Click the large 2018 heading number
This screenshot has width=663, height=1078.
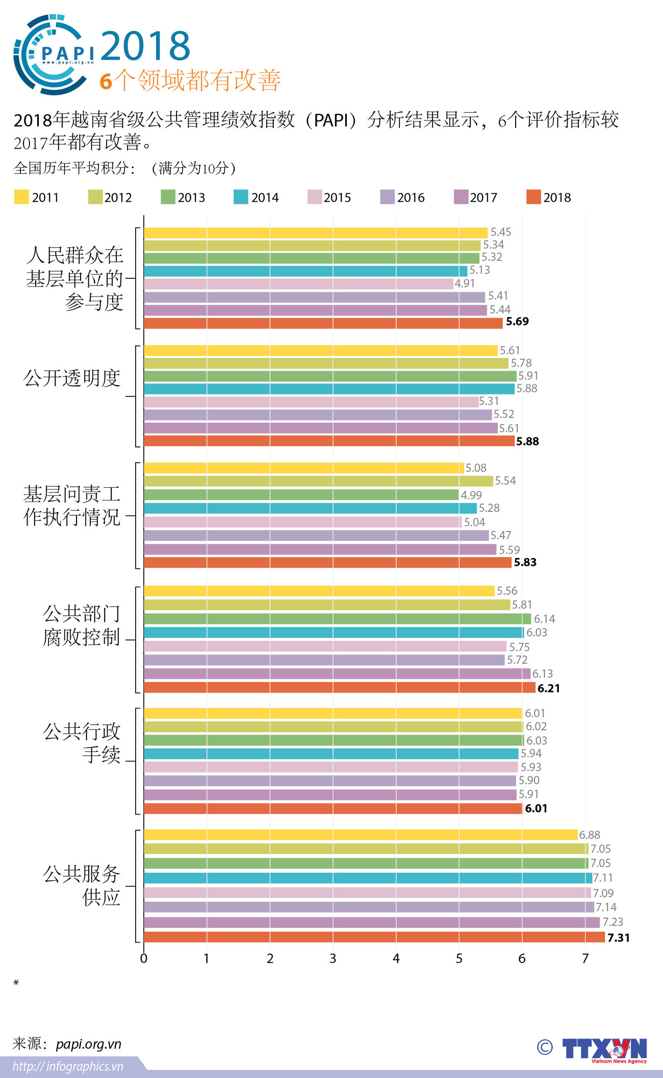pos(146,46)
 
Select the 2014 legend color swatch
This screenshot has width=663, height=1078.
pos(241,197)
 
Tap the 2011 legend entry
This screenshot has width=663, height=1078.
pos(37,197)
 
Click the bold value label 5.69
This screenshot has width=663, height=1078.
pos(517,322)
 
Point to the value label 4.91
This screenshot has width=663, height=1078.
pos(465,283)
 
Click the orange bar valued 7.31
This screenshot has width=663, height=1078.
pos(374,937)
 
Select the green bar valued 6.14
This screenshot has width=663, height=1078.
pos(337,619)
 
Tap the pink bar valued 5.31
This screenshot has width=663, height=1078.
pos(311,402)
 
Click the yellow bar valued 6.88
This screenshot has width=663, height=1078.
pos(360,835)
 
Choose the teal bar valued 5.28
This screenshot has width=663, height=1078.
pos(310,508)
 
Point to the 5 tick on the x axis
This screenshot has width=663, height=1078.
pos(459,959)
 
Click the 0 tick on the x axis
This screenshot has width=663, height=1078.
pos(144,959)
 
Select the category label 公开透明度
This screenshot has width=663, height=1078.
pos(72,378)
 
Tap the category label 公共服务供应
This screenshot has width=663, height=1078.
pos(82,885)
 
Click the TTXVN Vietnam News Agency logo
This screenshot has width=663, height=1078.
pos(604,1050)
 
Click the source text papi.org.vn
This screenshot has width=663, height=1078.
pos(89,1044)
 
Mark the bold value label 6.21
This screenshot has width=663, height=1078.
pos(549,689)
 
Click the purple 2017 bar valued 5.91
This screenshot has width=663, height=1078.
pos(329,795)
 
